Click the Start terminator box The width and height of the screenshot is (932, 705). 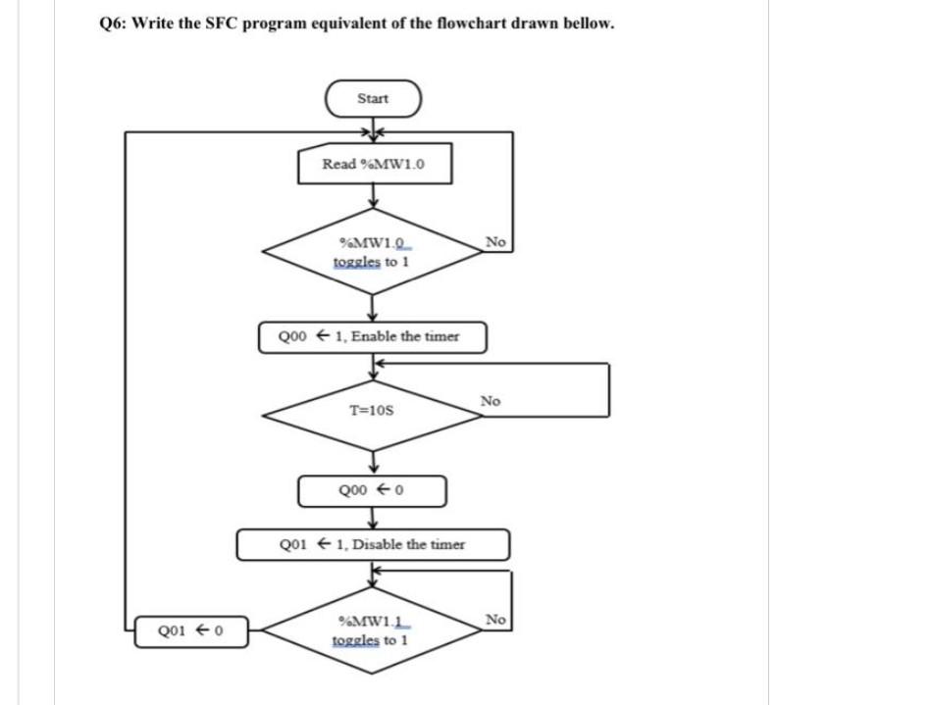pyautogui.click(x=373, y=99)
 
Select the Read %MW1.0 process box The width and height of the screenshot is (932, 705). pyautogui.click(x=373, y=165)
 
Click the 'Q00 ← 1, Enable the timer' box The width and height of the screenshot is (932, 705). pyautogui.click(x=373, y=336)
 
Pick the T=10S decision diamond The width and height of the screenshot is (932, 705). pyautogui.click(x=373, y=413)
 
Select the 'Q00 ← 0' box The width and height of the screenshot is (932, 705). pyautogui.click(x=373, y=490)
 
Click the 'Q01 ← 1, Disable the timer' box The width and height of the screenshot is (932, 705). pyautogui.click(x=373, y=544)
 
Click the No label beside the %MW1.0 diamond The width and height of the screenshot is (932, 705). pyautogui.click(x=495, y=242)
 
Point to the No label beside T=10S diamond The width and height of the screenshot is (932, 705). pyautogui.click(x=491, y=401)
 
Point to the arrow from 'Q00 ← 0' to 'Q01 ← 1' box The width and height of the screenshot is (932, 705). pyautogui.click(x=373, y=519)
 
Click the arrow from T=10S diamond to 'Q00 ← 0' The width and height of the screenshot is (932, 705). pyautogui.click(x=373, y=461)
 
